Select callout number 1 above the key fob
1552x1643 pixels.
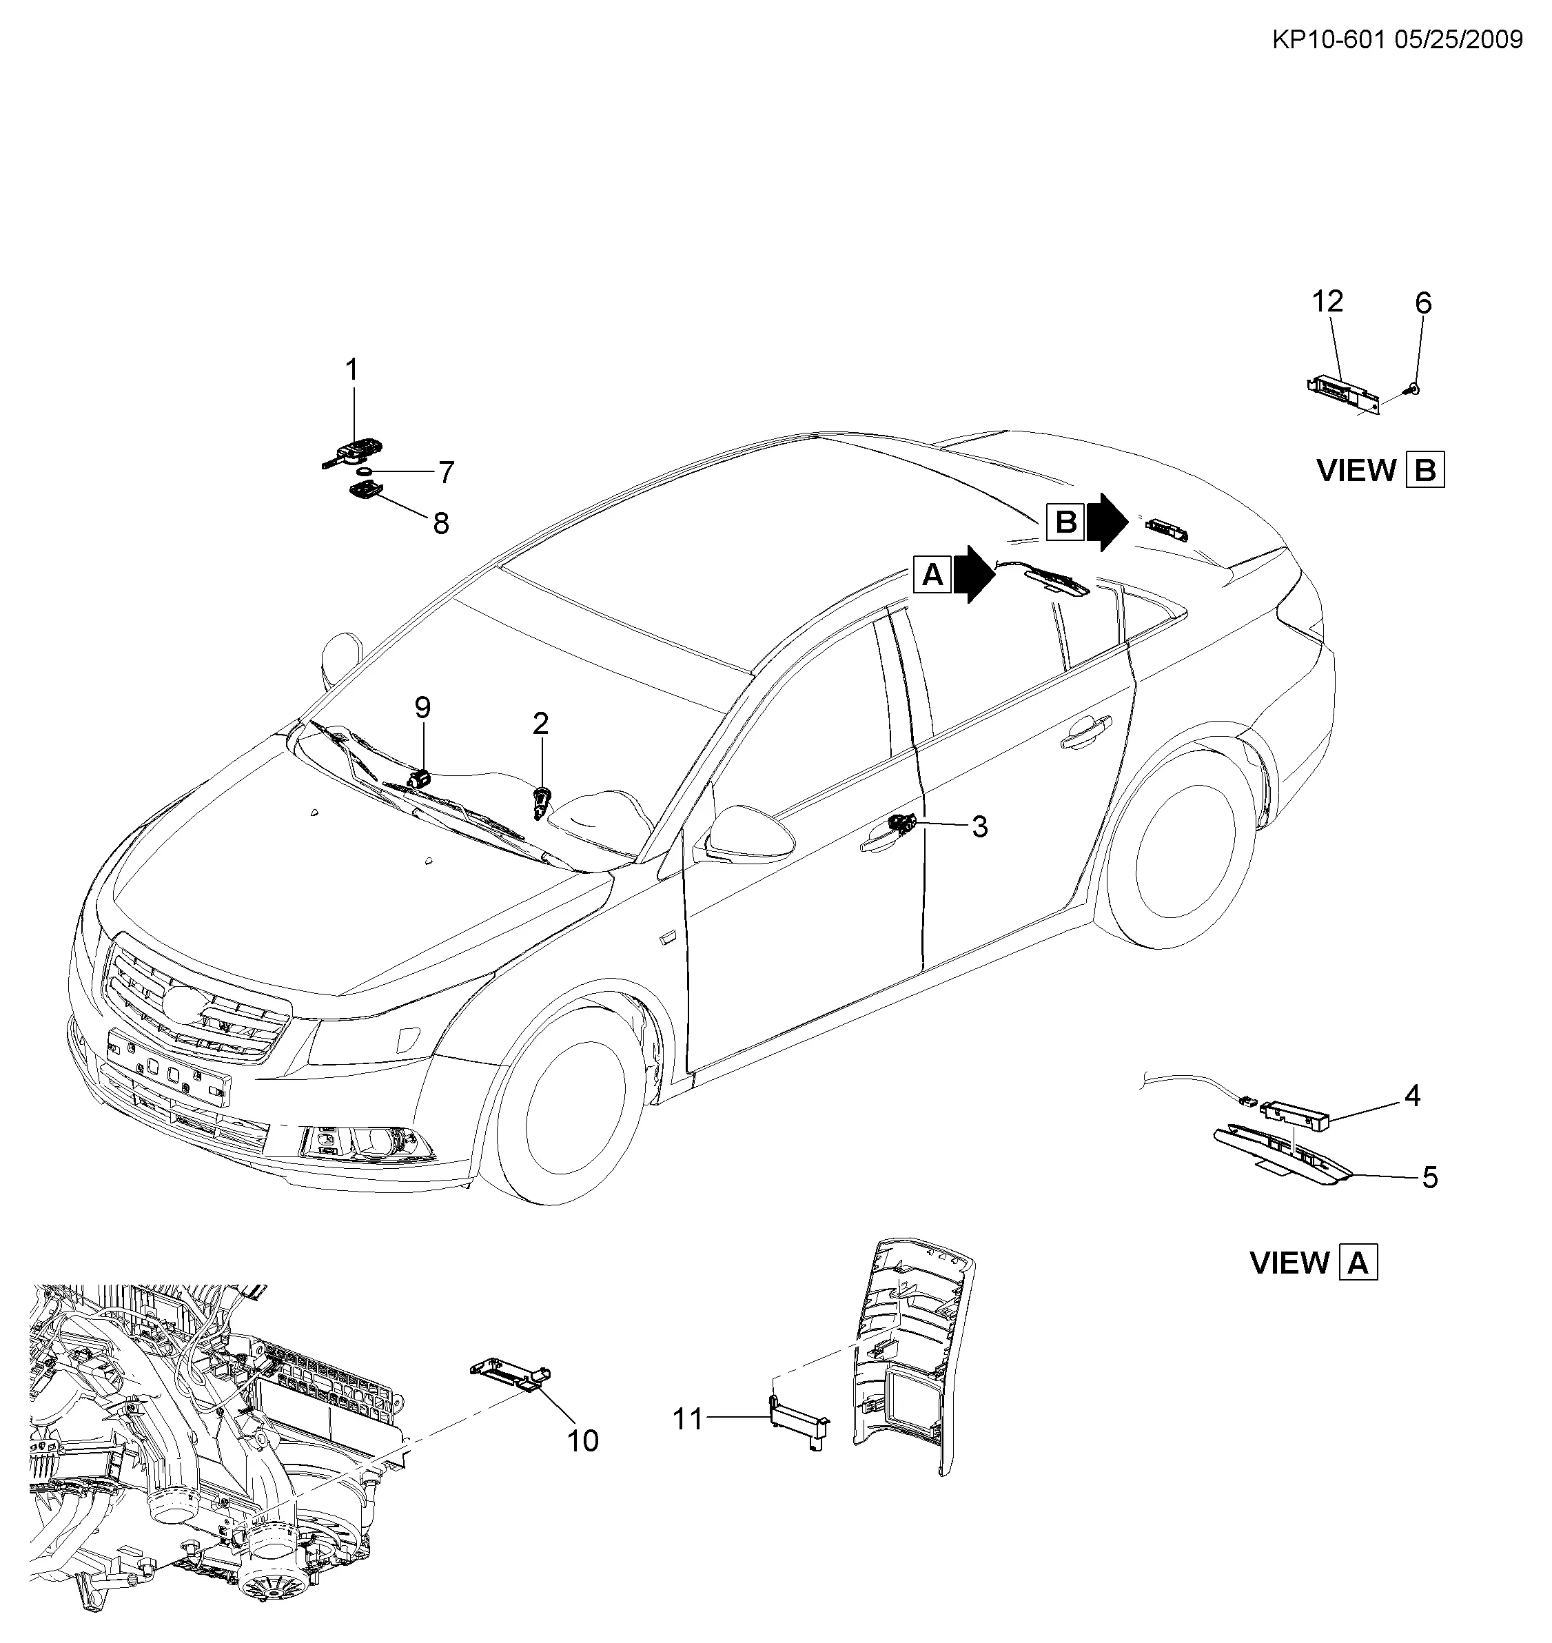[352, 370]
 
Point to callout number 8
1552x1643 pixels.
[441, 523]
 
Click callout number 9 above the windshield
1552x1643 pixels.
[422, 707]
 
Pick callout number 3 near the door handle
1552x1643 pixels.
[979, 826]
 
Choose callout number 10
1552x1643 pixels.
[582, 1441]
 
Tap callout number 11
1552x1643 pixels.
[688, 1420]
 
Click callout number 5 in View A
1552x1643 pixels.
[1431, 1177]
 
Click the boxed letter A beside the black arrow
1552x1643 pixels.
[932, 573]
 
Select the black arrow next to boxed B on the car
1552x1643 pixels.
[1107, 522]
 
